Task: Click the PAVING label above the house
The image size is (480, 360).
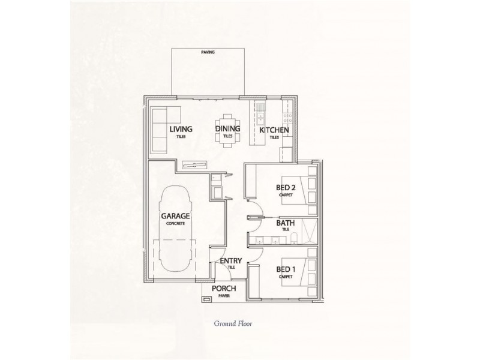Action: coord(208,52)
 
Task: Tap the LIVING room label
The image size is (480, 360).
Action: coord(180,129)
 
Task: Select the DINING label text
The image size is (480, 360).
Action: coord(228,129)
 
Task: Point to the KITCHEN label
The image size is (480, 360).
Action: coord(274,130)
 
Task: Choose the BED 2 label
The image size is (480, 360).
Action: coord(286,188)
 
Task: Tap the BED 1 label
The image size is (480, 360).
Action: coord(286,269)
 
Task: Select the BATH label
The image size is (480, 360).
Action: coord(285,224)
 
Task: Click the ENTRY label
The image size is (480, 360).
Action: coord(231,261)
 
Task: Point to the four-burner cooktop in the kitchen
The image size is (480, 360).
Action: coord(288,114)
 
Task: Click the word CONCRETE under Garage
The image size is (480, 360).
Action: coord(176,223)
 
